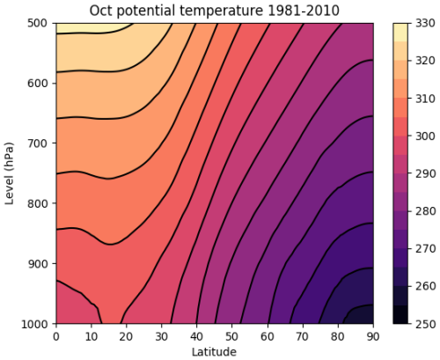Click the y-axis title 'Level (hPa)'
(x=11, y=173)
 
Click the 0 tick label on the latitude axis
(x=55, y=336)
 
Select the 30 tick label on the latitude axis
(x=160, y=336)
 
